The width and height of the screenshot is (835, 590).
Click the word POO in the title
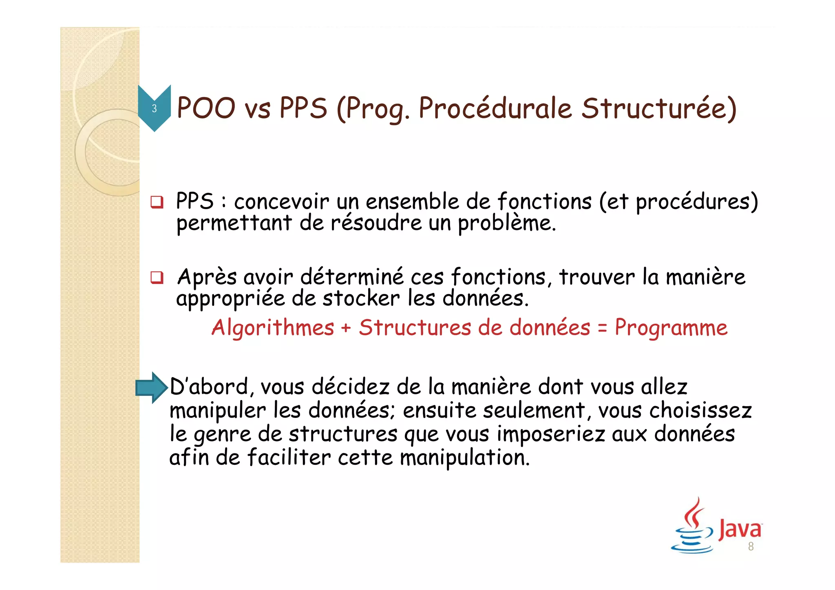click(206, 108)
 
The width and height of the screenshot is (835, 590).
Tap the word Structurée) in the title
click(659, 109)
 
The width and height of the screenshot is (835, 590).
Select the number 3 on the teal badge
click(154, 108)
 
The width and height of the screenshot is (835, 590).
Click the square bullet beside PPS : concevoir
click(157, 202)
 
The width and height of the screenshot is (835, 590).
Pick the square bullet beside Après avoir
click(157, 278)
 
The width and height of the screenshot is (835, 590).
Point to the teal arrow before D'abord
click(151, 388)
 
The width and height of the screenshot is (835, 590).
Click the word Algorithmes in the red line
click(273, 328)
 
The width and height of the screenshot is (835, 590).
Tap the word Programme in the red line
click(671, 327)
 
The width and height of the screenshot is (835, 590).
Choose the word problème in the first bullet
click(506, 223)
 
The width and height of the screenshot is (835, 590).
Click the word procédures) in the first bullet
click(697, 201)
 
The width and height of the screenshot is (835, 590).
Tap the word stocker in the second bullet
click(361, 299)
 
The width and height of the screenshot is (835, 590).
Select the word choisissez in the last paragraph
click(700, 410)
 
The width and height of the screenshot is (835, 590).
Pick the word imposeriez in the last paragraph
click(551, 434)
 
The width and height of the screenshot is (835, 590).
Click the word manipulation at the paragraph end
click(464, 457)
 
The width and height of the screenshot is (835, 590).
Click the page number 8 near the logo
click(751, 547)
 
